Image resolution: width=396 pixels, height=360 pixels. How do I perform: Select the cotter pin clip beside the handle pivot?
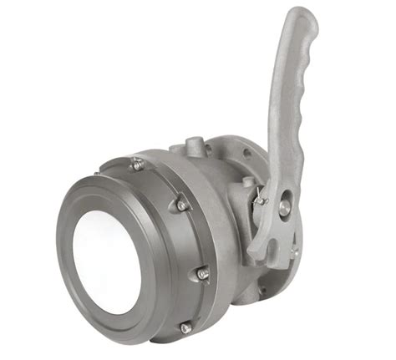[x=261, y=200]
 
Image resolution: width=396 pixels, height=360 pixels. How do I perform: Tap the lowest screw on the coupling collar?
[x=185, y=327]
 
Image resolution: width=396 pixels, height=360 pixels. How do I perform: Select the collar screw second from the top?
[x=178, y=204]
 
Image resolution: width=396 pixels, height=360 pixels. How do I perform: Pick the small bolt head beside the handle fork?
[x=293, y=250]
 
